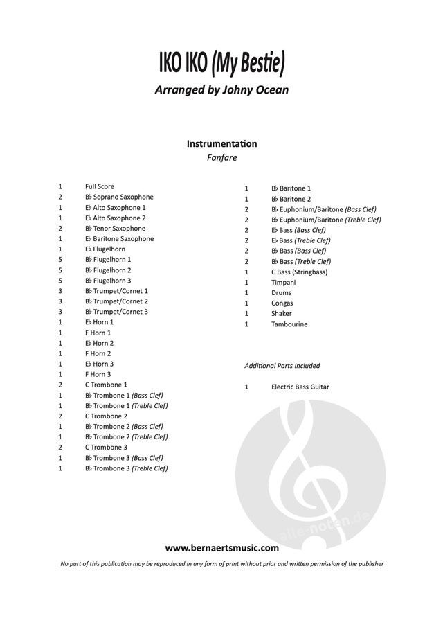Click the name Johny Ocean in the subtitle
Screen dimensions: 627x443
click(254, 89)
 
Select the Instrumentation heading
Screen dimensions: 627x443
click(221, 144)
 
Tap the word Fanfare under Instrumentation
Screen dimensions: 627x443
click(221, 157)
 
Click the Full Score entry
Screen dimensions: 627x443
click(100, 186)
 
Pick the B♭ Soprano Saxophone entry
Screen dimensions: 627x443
click(119, 197)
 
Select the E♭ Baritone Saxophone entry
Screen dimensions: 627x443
click(119, 238)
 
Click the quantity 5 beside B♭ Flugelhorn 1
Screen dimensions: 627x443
click(61, 260)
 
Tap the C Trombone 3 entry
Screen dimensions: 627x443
click(106, 447)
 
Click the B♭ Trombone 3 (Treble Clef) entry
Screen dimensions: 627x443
click(126, 468)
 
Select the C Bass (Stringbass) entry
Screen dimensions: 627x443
click(299, 272)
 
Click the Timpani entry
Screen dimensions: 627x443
click(283, 283)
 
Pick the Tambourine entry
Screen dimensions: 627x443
click(289, 324)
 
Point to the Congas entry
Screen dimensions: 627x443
click(282, 303)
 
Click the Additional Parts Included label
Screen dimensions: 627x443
click(282, 366)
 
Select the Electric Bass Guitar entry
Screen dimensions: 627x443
click(300, 387)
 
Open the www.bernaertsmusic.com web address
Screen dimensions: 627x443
click(221, 548)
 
